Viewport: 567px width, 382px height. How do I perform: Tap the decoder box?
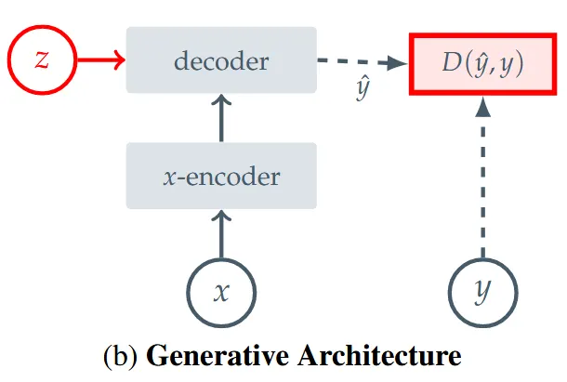click(x=221, y=62)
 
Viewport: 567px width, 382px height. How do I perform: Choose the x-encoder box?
click(x=221, y=175)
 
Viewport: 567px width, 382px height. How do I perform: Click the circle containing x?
click(x=221, y=291)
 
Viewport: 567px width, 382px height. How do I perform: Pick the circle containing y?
click(x=481, y=291)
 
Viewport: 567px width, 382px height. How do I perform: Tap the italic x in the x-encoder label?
click(x=168, y=176)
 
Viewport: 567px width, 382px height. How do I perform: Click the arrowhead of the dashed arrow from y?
click(x=481, y=107)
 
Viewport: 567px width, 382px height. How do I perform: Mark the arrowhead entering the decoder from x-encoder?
click(x=221, y=101)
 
